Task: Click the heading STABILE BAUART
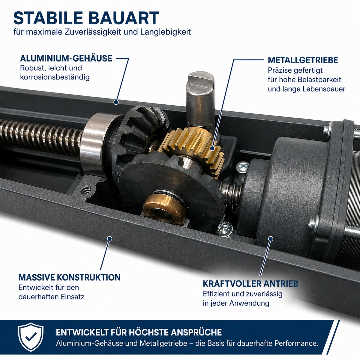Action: (86, 18)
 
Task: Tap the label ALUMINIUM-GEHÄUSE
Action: (66, 58)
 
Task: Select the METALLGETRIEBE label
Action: (303, 60)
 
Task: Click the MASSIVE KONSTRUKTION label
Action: (70, 277)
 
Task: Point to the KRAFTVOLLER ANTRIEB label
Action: (250, 283)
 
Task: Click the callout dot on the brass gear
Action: (212, 148)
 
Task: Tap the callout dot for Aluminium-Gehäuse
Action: (116, 102)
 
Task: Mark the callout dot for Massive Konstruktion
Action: (110, 238)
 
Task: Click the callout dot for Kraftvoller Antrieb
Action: (271, 238)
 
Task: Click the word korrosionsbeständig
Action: (55, 77)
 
